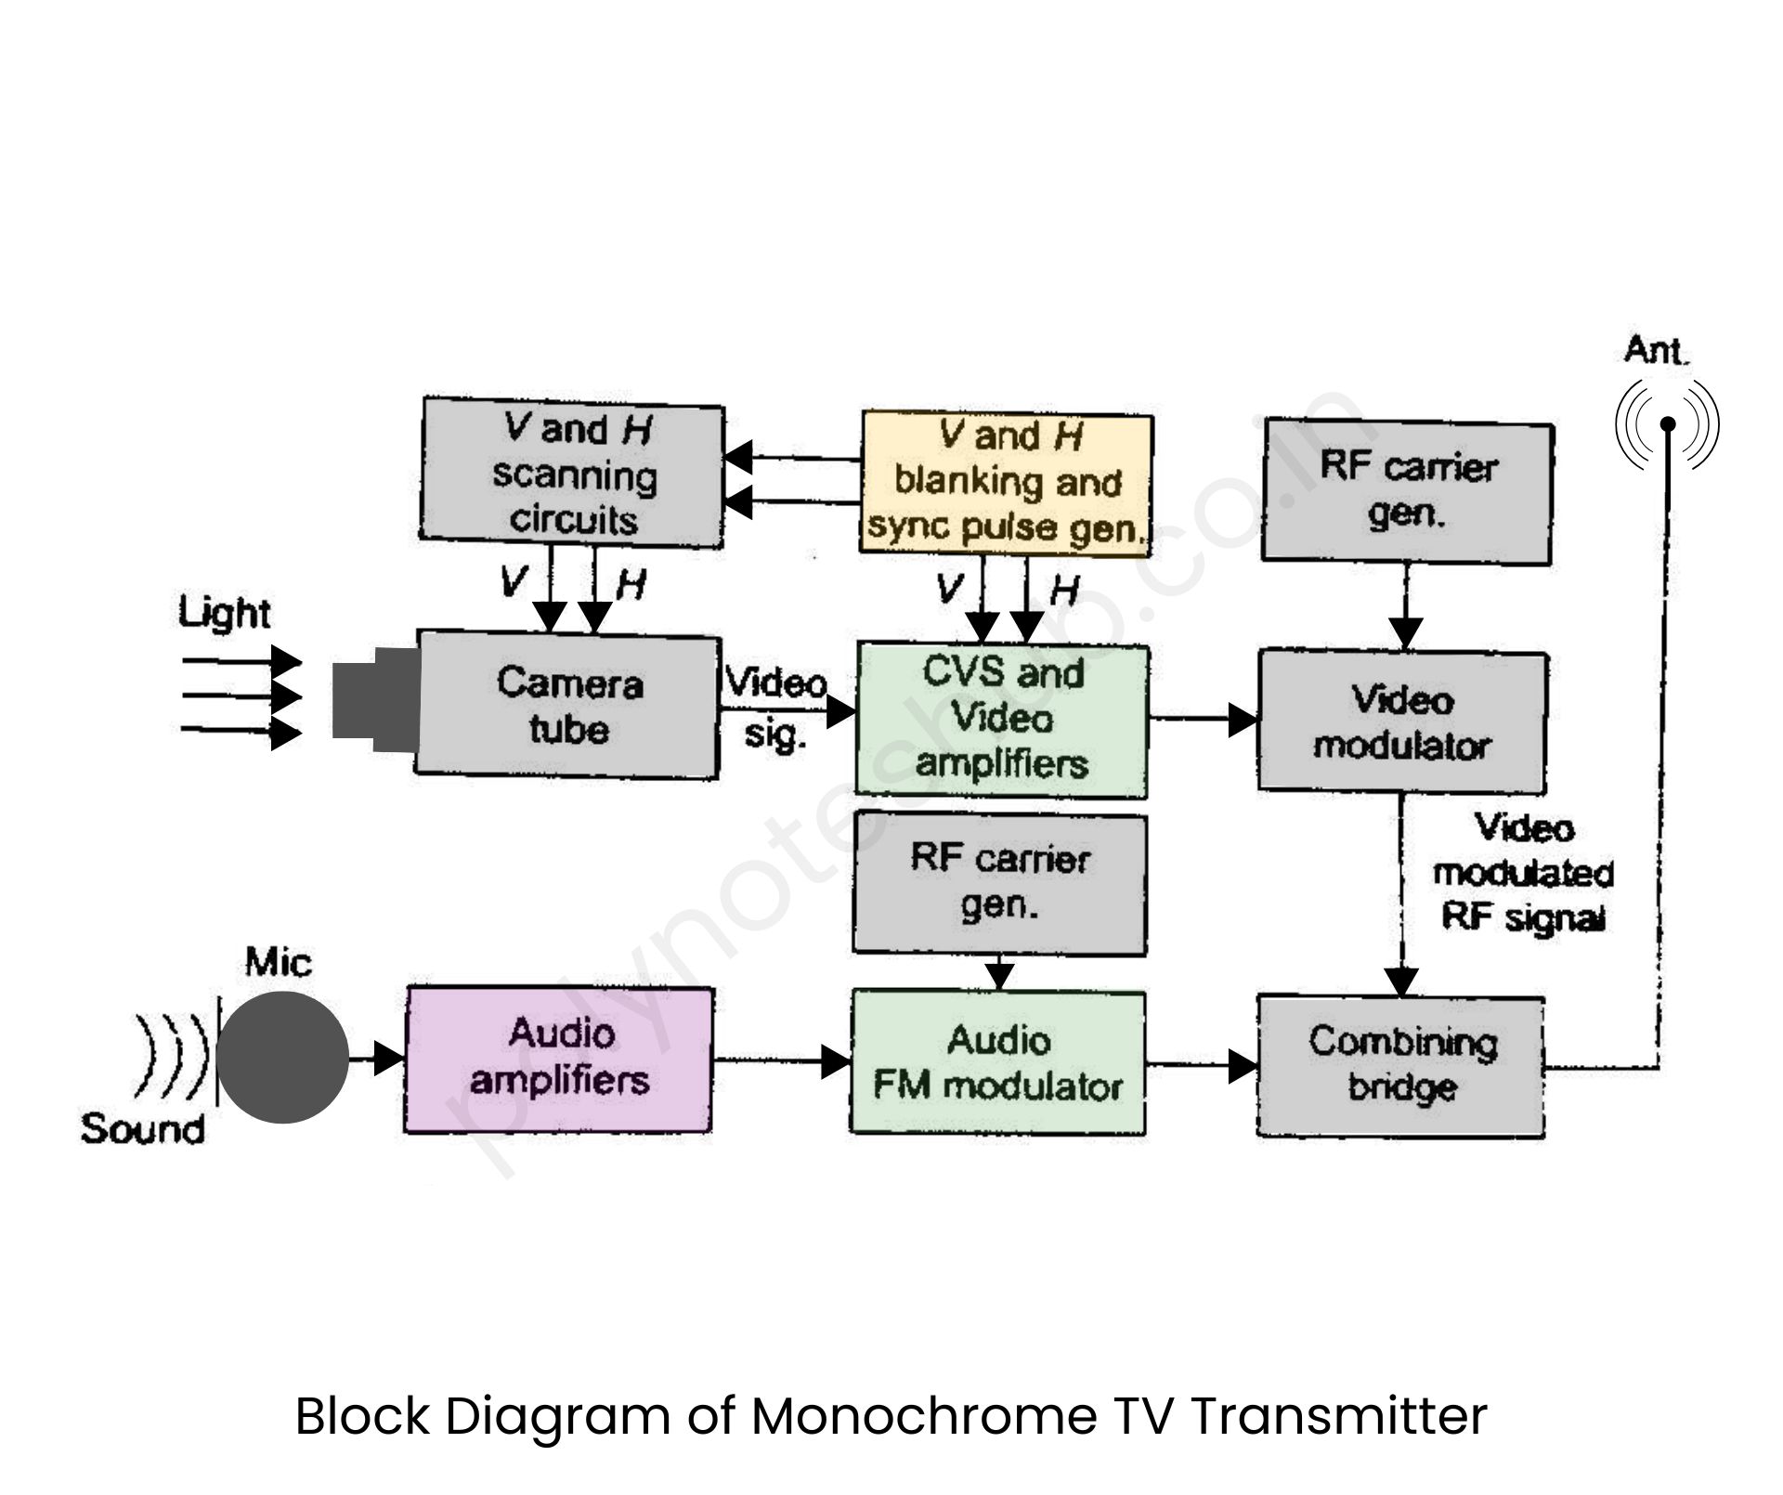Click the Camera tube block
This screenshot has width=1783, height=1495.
click(x=568, y=706)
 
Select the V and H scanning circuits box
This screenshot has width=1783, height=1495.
click(x=572, y=474)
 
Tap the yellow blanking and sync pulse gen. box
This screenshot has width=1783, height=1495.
click(x=1007, y=483)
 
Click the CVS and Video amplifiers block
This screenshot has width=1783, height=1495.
click(x=1002, y=720)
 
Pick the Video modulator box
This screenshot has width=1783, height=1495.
click(x=1402, y=722)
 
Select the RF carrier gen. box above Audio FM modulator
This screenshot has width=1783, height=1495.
click(x=999, y=882)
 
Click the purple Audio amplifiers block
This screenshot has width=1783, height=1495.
click(x=559, y=1059)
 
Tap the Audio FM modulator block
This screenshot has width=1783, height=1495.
click(x=998, y=1063)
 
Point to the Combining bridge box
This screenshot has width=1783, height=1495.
click(x=1400, y=1066)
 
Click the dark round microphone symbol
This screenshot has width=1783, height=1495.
click(x=282, y=1057)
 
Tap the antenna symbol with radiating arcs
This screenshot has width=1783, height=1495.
click(x=1667, y=425)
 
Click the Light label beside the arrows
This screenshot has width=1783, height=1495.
click(x=224, y=613)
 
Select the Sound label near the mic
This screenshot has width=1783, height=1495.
click(x=142, y=1129)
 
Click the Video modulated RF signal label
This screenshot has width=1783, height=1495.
click(x=1523, y=873)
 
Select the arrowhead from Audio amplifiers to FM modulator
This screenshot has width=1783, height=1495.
click(x=836, y=1060)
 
